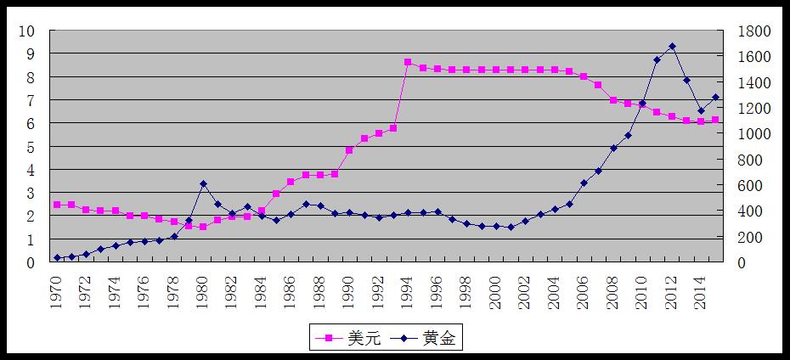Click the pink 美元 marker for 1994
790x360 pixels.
(x=408, y=62)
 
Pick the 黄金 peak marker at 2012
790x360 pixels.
(x=672, y=46)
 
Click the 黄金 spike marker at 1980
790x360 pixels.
(x=203, y=183)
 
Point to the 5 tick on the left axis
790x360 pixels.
(x=31, y=147)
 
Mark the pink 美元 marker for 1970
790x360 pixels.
(x=57, y=205)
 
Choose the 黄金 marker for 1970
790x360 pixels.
(x=57, y=258)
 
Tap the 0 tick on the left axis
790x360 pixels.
(x=31, y=263)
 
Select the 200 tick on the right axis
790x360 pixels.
(x=753, y=237)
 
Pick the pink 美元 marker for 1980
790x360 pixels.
(x=203, y=227)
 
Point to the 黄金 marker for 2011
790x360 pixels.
(x=657, y=59)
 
